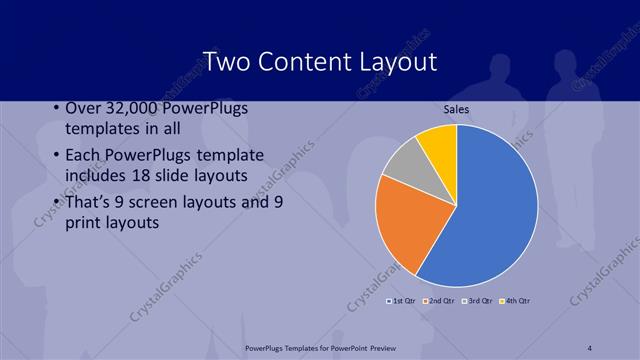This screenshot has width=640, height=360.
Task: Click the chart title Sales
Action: (456, 110)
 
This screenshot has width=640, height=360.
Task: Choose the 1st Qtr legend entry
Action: (402, 300)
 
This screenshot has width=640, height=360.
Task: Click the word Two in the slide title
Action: (225, 61)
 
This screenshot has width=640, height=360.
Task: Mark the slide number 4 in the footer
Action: (590, 347)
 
